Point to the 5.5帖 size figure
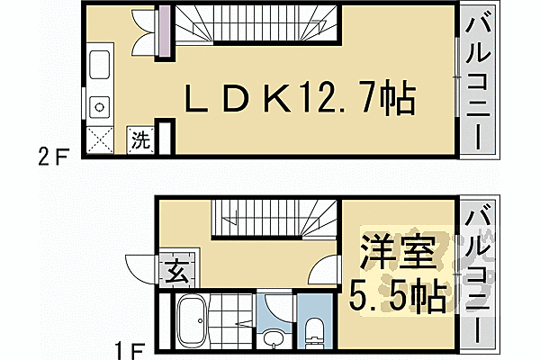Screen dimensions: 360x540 click(x=397, y=298)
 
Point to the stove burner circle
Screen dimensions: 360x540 click(x=99, y=104)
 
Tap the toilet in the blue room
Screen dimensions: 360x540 click(x=314, y=330)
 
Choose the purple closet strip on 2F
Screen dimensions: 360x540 click(x=164, y=34)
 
